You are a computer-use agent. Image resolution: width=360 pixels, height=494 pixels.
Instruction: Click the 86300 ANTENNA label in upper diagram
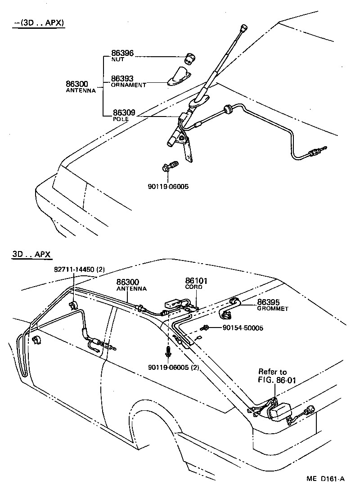point(80,86)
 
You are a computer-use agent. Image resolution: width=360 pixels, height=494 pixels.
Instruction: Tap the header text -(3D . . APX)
point(39,23)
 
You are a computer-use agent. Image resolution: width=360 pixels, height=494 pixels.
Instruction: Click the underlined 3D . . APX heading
point(32,254)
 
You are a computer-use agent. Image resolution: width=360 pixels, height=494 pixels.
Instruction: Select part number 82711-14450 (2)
point(80,269)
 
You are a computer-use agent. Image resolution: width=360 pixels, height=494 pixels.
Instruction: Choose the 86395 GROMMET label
point(272,305)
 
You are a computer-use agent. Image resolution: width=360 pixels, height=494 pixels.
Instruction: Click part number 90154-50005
point(243,328)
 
